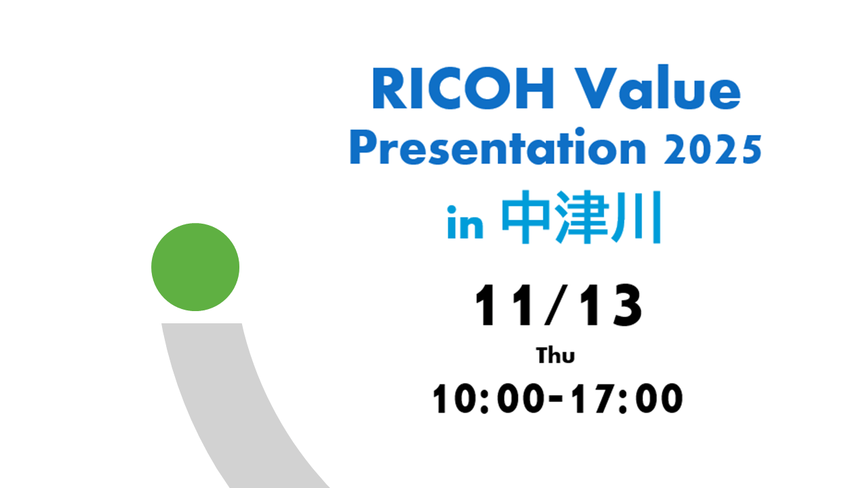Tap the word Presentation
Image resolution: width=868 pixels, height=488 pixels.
(497, 149)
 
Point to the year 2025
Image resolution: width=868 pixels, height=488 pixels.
(712, 149)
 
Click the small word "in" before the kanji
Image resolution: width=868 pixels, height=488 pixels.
(465, 226)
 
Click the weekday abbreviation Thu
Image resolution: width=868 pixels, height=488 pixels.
(556, 355)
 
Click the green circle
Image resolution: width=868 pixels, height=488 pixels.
(195, 267)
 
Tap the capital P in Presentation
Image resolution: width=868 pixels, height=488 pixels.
(361, 149)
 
